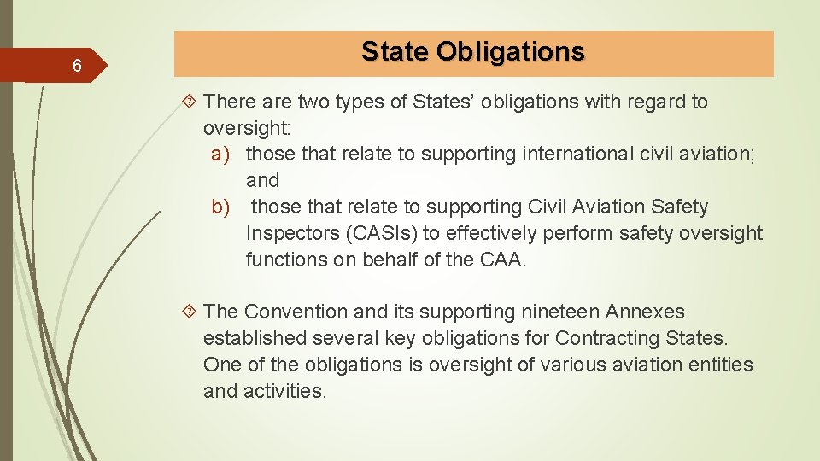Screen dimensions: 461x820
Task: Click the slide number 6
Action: pos(77,67)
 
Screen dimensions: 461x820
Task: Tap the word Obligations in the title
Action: pos(511,52)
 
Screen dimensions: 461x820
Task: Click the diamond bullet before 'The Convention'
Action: pos(190,312)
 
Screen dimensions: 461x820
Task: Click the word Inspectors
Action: pos(288,234)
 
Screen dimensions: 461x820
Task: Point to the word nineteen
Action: pos(565,312)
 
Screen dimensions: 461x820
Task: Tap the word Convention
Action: pos(296,312)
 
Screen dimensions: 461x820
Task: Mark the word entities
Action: pos(723,365)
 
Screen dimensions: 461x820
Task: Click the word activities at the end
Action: pos(284,392)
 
